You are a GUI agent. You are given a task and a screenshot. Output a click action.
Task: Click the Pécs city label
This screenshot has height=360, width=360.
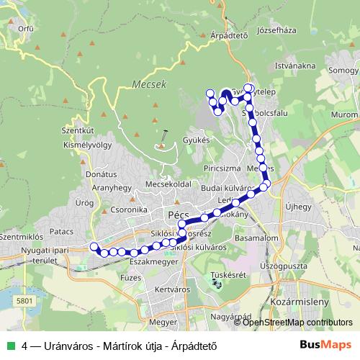[x=177, y=215]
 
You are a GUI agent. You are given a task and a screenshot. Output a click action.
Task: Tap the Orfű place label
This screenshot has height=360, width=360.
[x=26, y=30]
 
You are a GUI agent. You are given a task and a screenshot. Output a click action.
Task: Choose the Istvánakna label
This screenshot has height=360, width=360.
[x=295, y=66]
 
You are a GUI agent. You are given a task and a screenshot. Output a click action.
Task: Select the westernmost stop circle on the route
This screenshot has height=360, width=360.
[x=94, y=247]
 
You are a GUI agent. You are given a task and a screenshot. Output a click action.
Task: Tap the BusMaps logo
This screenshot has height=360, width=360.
[x=325, y=345]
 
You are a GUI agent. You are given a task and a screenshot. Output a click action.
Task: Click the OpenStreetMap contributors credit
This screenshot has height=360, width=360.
[x=297, y=323]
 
